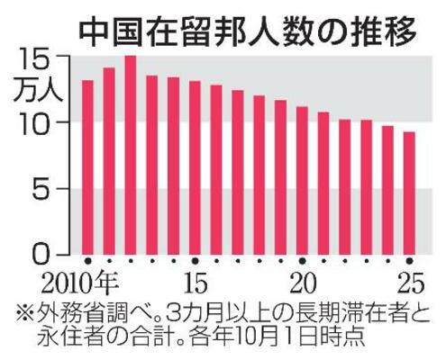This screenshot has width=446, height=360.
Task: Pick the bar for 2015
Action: pos(195,167)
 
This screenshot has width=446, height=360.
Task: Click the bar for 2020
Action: pos(302,180)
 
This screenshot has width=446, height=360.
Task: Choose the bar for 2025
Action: pos(409,193)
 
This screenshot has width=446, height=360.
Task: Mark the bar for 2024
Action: pos(387,190)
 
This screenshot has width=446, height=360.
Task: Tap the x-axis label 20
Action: pos(302,282)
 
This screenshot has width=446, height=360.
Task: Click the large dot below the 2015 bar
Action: pos(195,262)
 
